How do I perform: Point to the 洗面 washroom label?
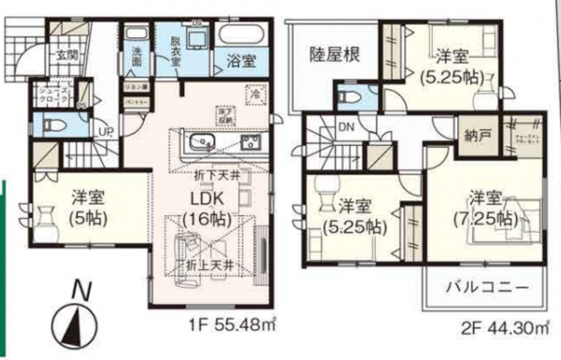pyautogui.click(x=137, y=54)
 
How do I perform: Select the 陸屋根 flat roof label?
pyautogui.click(x=335, y=54)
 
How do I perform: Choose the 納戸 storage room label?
pyautogui.click(x=476, y=135)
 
